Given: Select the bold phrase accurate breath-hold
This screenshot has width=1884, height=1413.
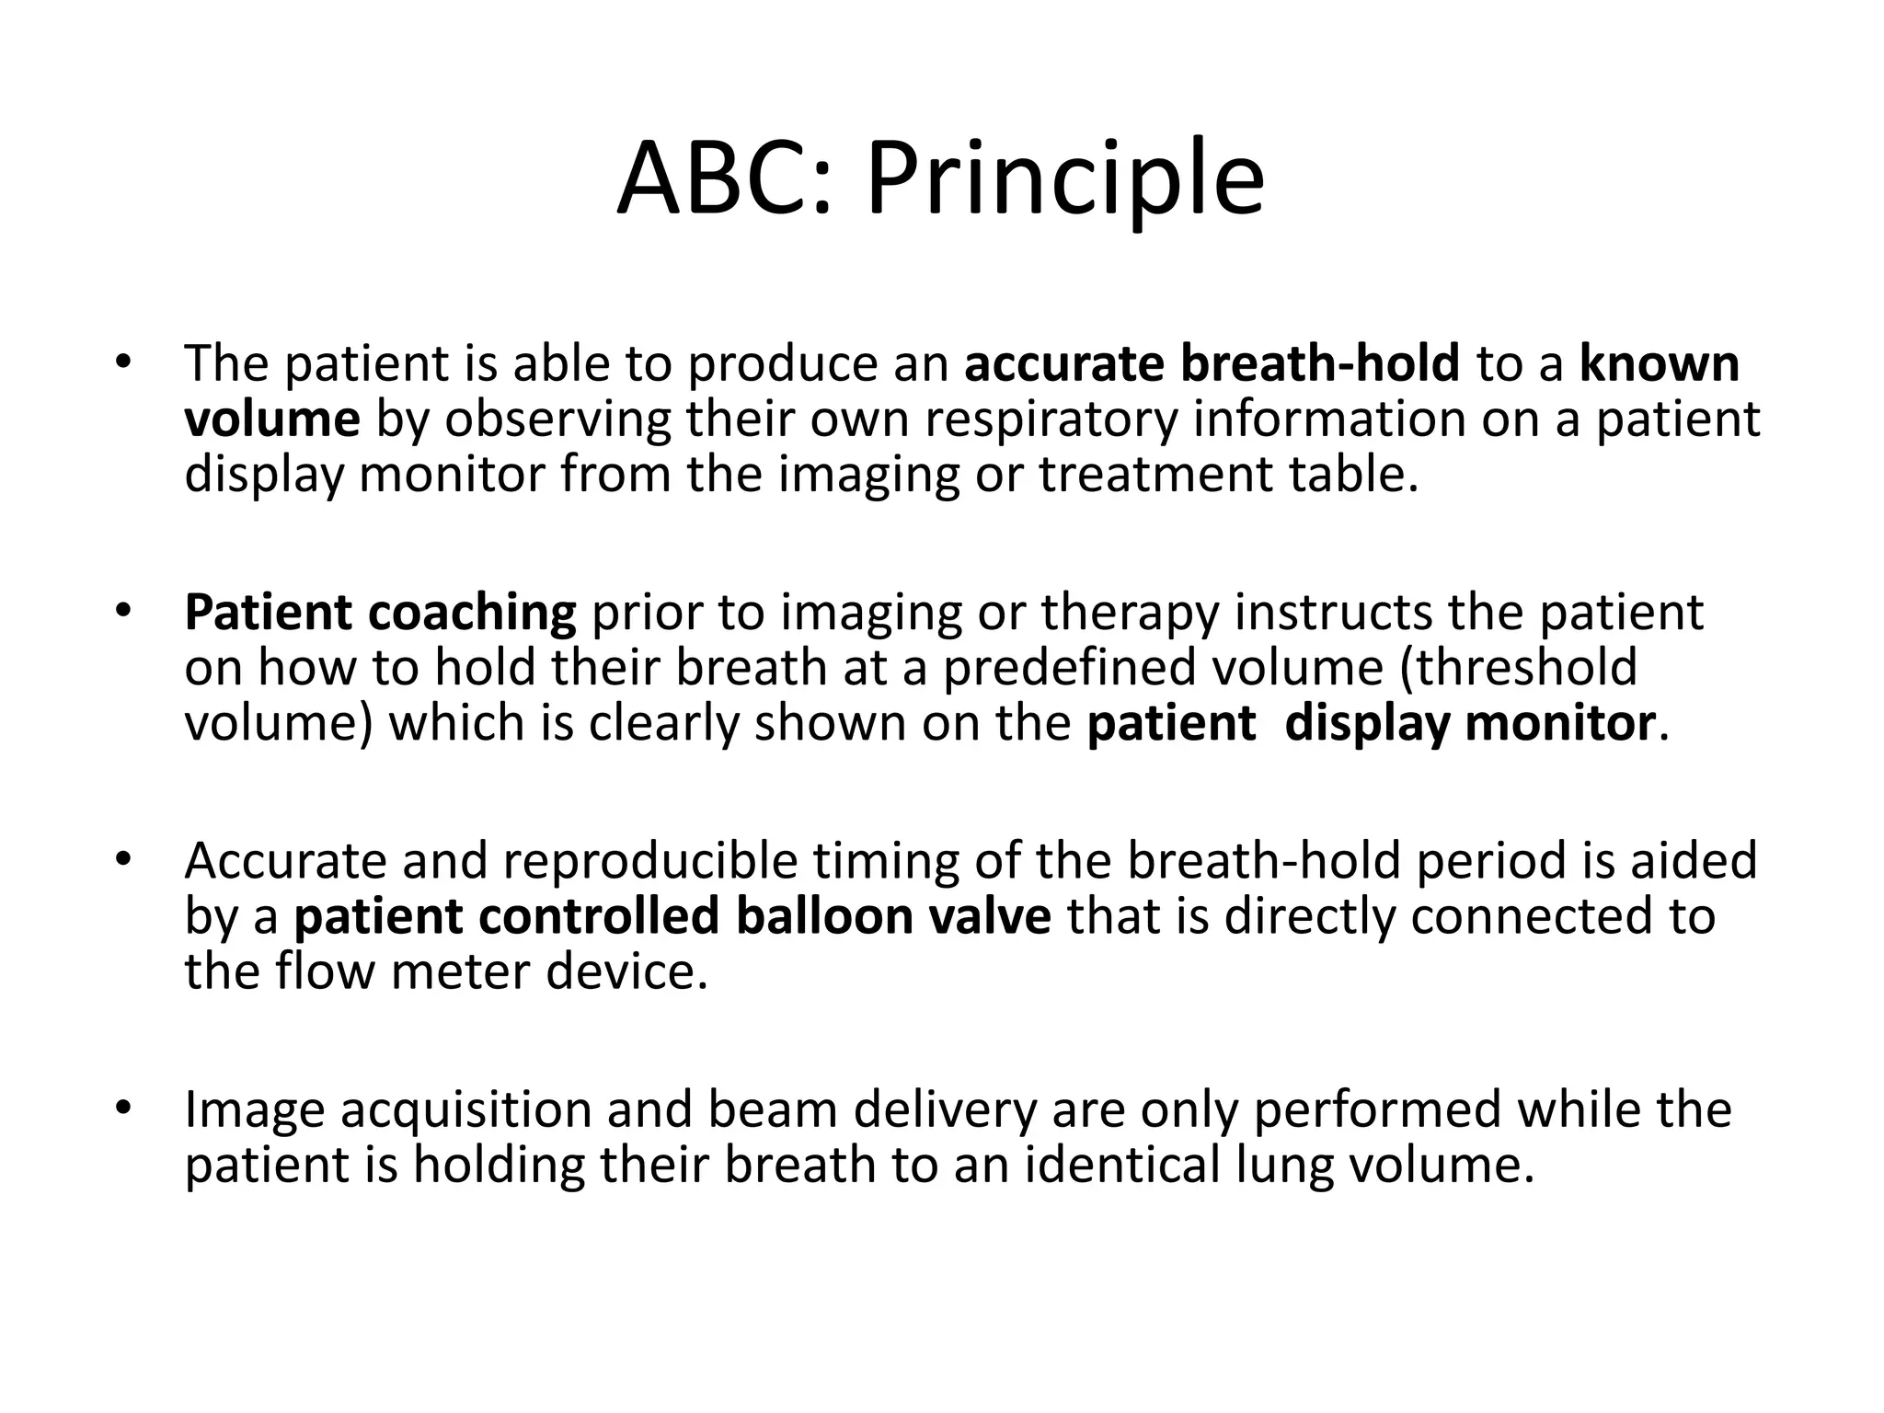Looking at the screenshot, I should [1212, 362].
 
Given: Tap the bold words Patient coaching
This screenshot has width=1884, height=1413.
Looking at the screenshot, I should [380, 613].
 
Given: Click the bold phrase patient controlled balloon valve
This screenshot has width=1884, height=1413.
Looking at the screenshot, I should [672, 916].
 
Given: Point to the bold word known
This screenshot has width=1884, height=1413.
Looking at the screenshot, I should [1660, 362].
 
